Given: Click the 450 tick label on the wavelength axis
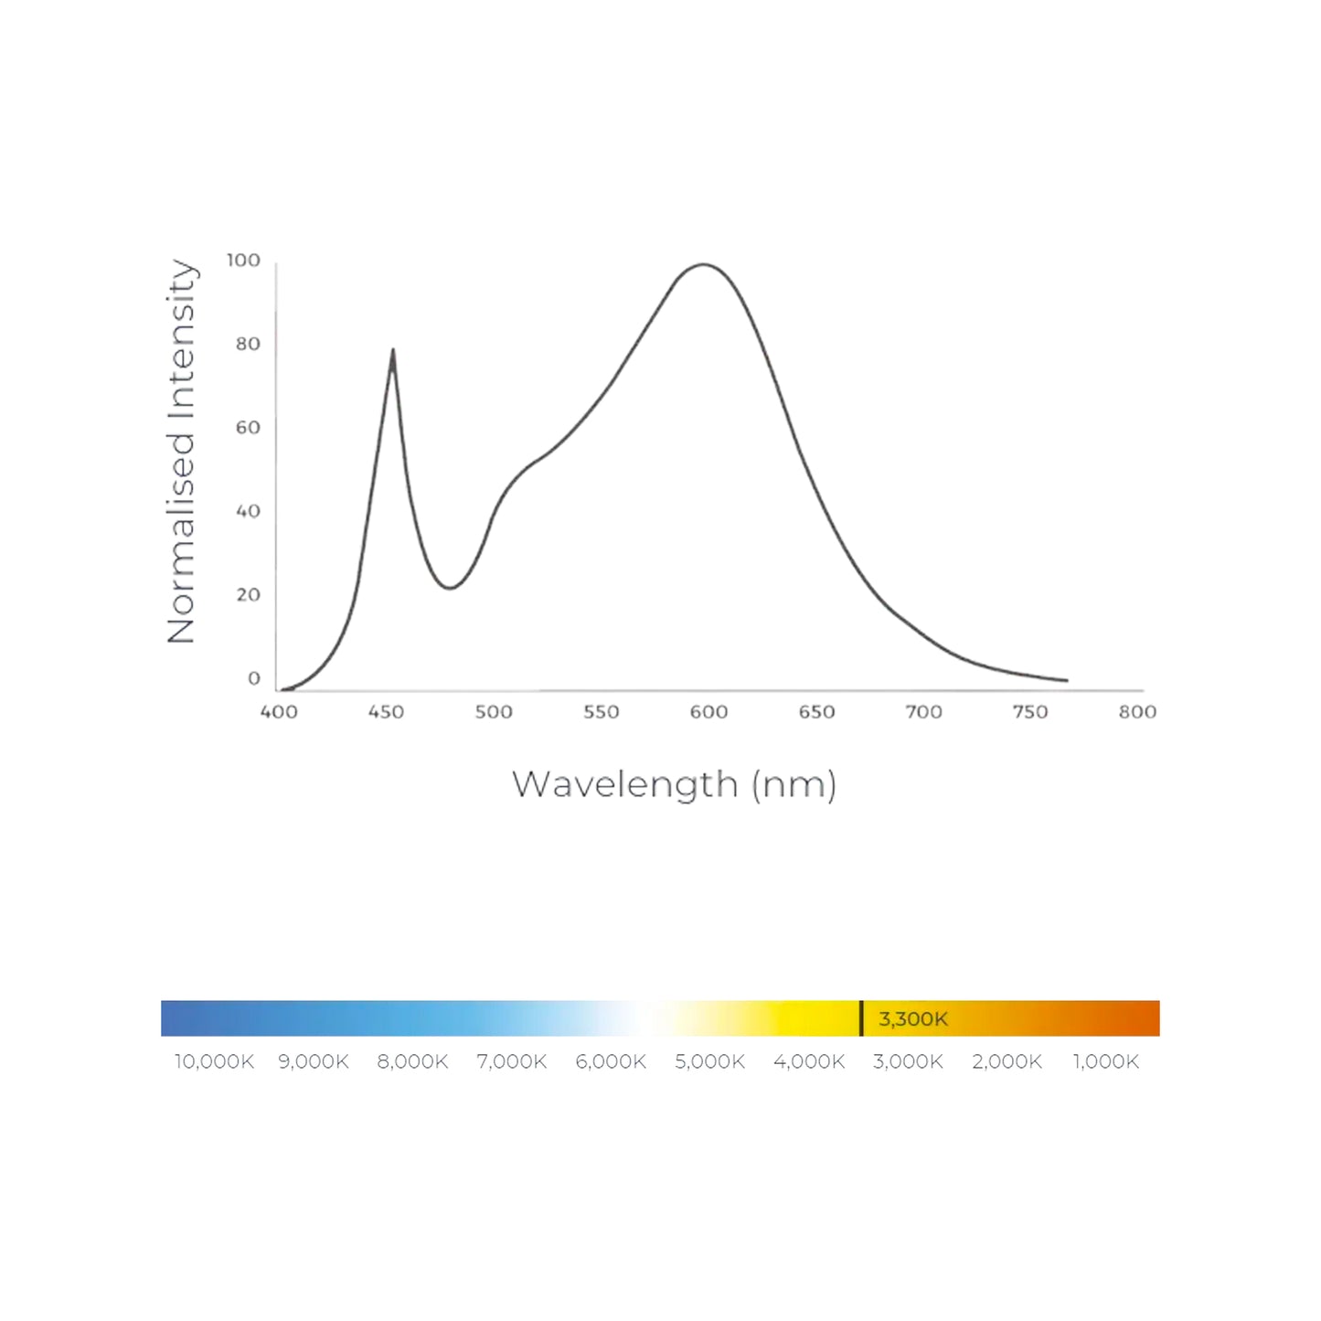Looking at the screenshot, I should point(386,712).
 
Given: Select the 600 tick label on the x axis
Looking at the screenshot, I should point(708,712).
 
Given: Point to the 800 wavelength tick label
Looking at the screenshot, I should point(1137,712).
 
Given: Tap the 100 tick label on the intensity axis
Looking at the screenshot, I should point(243,261).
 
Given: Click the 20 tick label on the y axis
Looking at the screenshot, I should point(248,595).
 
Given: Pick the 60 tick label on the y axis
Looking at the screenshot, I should point(248,428).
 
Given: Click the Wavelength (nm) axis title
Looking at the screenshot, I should point(674,784).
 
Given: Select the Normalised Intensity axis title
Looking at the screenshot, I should point(182,452).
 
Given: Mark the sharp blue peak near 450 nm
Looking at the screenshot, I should point(393,350).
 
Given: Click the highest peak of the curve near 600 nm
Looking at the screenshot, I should point(703,265).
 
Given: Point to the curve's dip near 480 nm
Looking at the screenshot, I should point(449,588).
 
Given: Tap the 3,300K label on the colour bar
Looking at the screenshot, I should point(912,1018).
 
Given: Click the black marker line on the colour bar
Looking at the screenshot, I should point(861,1018).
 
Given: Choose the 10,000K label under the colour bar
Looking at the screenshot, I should point(214,1061).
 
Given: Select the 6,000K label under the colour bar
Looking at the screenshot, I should point(611,1061).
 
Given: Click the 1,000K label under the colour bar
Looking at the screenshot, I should point(1106,1061).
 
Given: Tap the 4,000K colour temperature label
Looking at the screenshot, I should point(809,1061).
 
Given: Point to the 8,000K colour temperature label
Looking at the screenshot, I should point(412,1061).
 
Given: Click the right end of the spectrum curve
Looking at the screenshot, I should point(1066,680).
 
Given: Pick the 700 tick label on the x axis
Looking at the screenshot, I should point(923,712).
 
